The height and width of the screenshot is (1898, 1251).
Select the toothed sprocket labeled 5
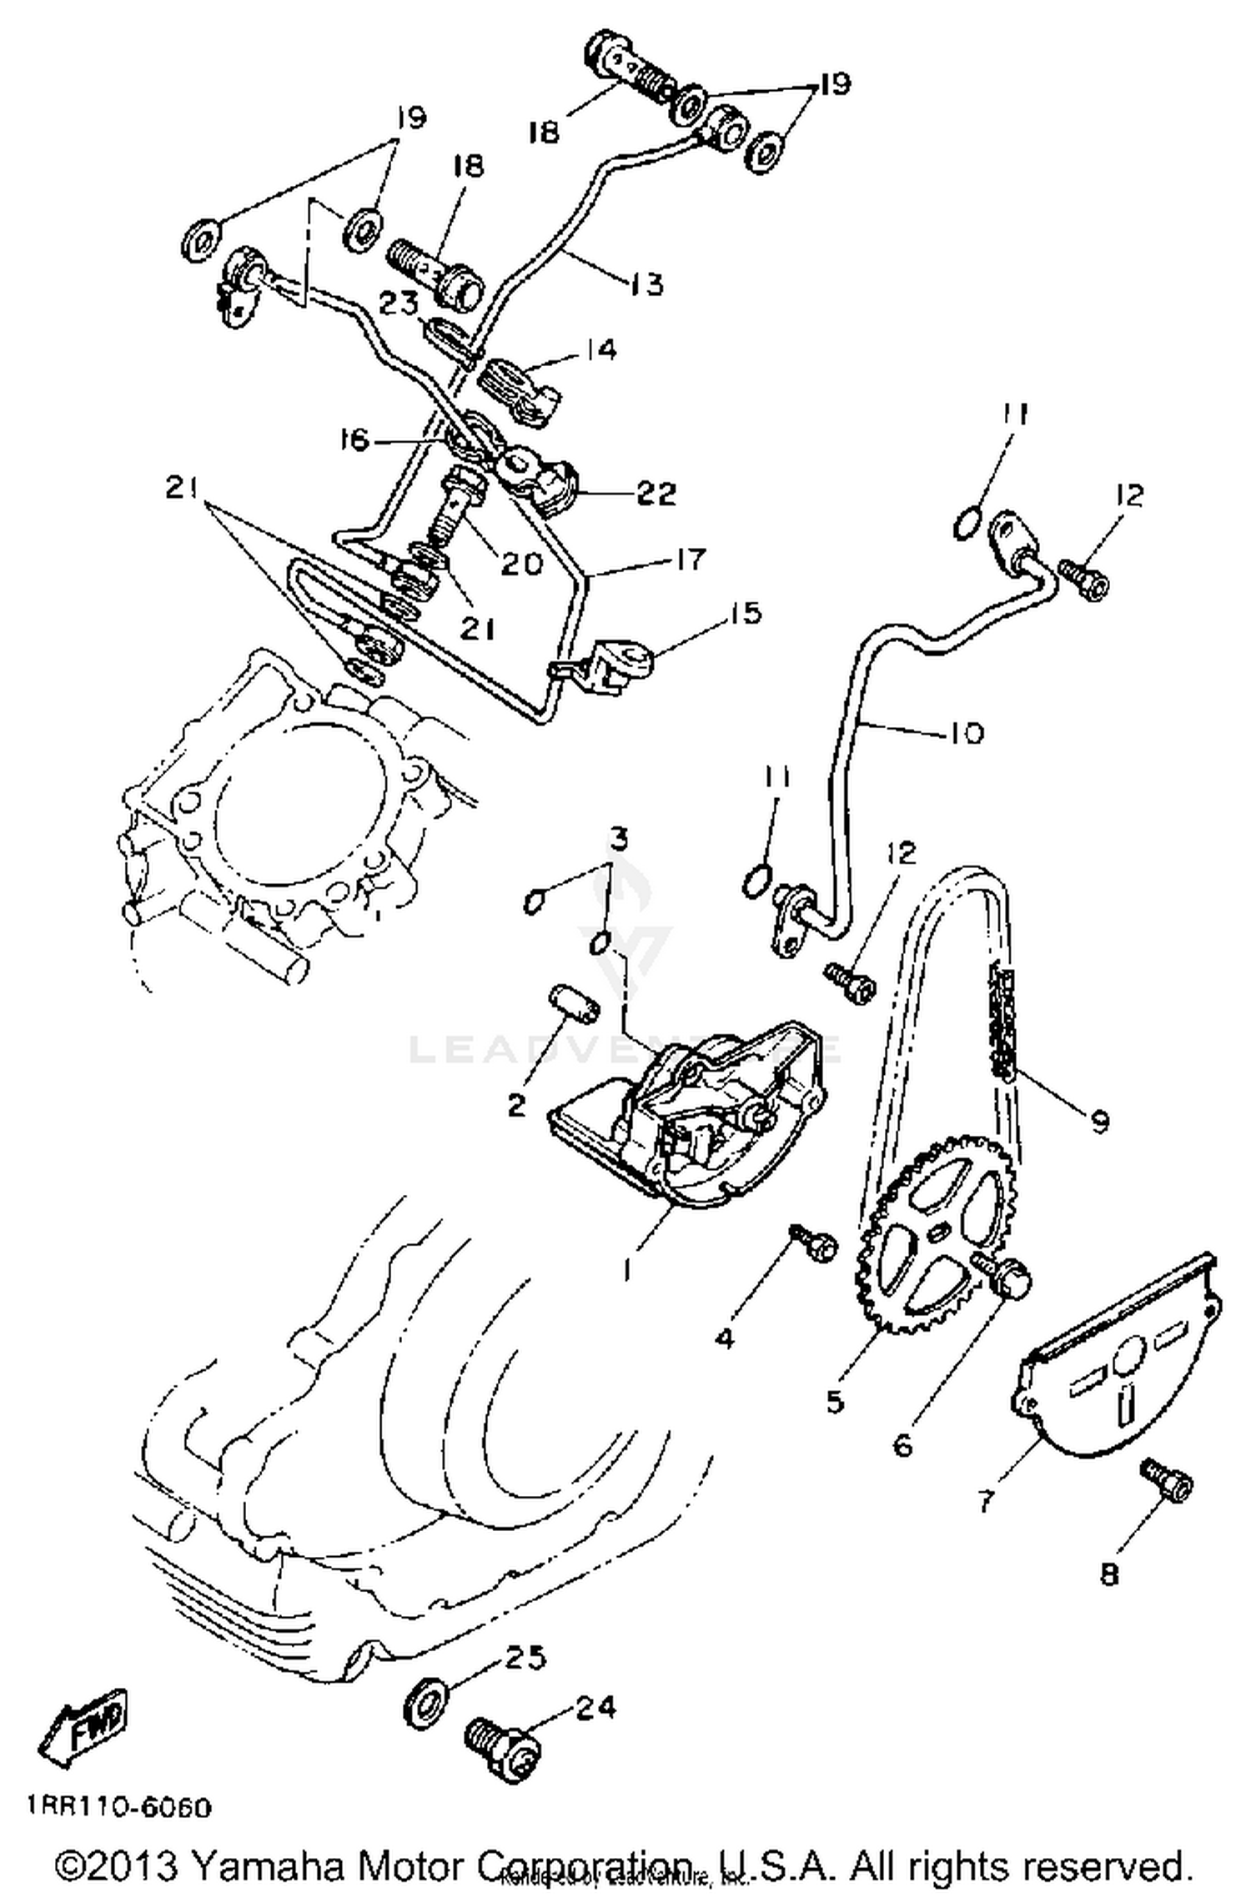(x=934, y=1233)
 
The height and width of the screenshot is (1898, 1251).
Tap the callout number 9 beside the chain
(x=1100, y=1121)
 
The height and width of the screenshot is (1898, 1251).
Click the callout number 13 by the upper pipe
(x=646, y=284)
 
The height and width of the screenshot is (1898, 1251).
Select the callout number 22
(x=655, y=493)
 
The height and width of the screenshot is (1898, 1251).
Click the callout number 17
(x=689, y=558)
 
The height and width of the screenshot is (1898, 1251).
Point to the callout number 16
(x=354, y=439)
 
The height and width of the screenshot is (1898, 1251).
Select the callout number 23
(x=399, y=303)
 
